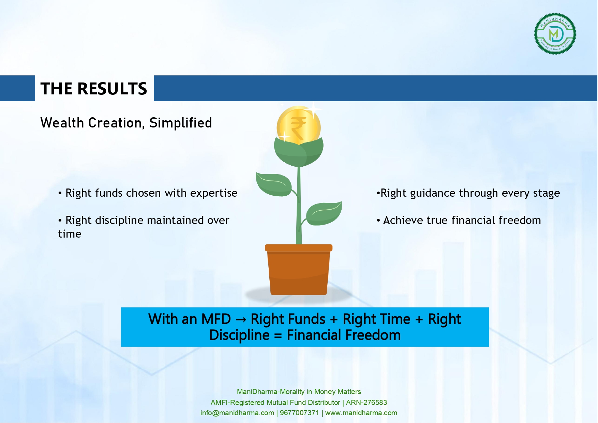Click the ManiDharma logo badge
[555, 34]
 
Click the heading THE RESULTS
[94, 89]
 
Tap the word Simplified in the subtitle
[181, 123]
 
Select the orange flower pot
[299, 269]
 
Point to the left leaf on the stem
[273, 184]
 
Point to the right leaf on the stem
[324, 213]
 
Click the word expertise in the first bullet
[214, 193]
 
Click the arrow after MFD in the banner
[241, 320]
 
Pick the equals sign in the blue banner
[278, 336]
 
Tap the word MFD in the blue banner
[216, 319]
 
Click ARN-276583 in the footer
[367, 403]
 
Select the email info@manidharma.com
[237, 413]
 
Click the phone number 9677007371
[299, 413]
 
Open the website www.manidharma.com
[361, 413]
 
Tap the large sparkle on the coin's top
[313, 109]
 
